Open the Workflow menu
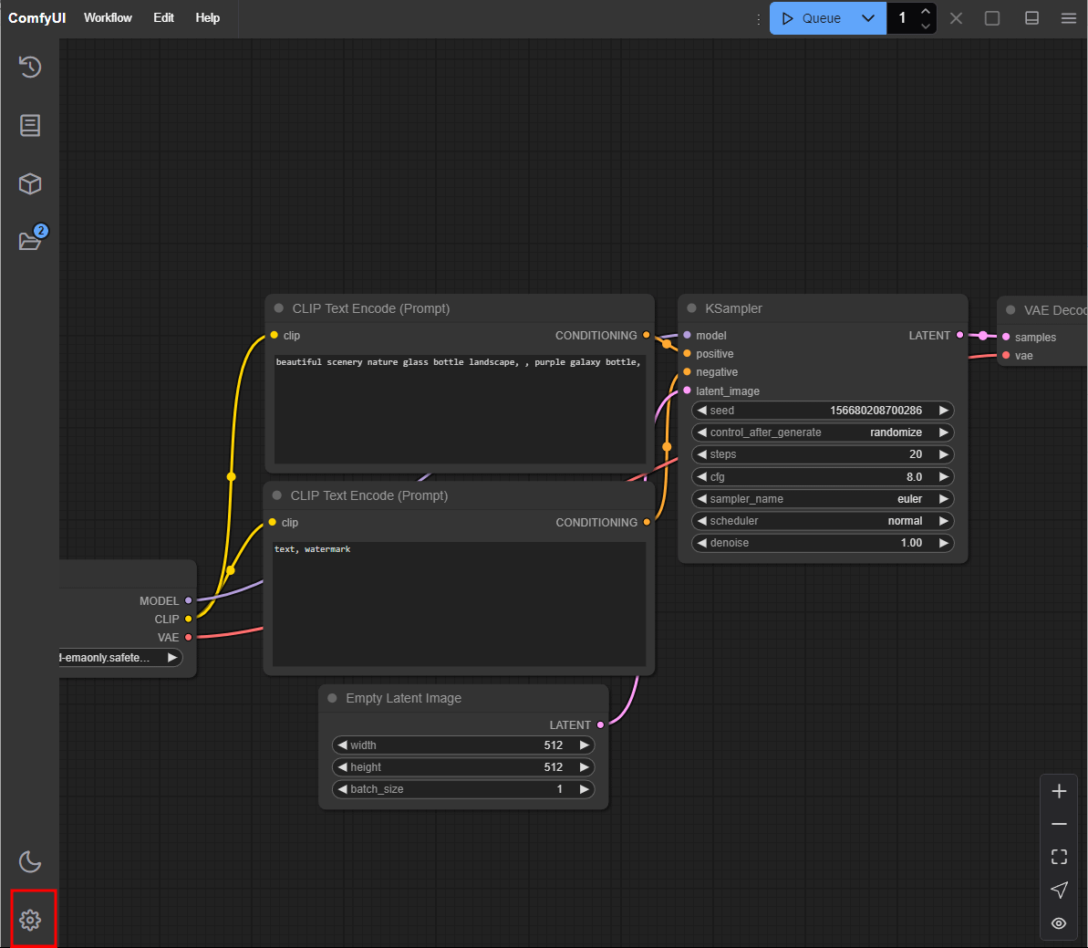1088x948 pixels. [108, 18]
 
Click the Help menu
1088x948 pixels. [207, 18]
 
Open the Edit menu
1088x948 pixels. [164, 18]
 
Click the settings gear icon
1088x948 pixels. [30, 921]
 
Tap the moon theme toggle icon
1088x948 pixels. [30, 862]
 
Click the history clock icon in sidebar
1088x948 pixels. [30, 67]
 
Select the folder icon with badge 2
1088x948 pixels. [30, 238]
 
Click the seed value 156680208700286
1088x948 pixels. [876, 411]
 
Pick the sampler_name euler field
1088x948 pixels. [823, 499]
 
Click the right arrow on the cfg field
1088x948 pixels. [943, 477]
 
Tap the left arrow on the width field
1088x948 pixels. [342, 745]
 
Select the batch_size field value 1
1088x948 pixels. [559, 789]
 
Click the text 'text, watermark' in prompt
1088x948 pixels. [312, 549]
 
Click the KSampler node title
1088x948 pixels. [733, 308]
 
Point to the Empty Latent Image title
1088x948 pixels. [403, 698]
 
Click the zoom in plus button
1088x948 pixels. [1059, 791]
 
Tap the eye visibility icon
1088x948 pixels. [1059, 923]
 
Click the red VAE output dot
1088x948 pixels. [188, 637]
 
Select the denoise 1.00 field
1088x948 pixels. [823, 543]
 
